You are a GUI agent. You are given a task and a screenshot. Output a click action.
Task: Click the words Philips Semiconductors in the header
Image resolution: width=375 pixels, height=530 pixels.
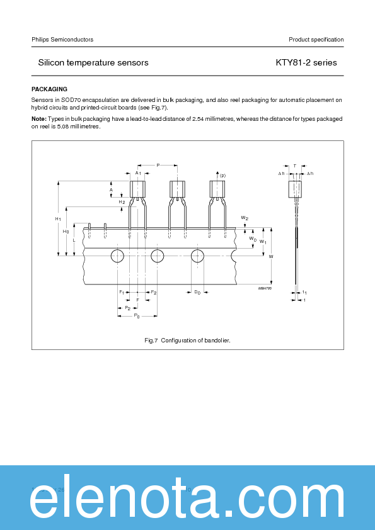[62, 40]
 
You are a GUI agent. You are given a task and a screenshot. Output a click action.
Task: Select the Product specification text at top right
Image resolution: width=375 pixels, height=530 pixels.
[316, 40]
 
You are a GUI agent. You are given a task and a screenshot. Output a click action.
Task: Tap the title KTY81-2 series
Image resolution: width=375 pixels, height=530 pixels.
[306, 62]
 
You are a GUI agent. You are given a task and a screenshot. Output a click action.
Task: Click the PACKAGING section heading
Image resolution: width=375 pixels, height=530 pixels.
[49, 89]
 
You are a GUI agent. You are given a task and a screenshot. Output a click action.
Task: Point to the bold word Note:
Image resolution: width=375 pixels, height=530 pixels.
[38, 118]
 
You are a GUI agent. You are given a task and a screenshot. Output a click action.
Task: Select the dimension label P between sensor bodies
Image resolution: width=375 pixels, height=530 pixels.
[158, 165]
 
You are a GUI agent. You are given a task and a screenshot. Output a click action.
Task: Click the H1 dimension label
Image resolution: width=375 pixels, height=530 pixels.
[57, 218]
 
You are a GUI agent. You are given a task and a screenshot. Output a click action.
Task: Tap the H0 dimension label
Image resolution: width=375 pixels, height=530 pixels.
[66, 232]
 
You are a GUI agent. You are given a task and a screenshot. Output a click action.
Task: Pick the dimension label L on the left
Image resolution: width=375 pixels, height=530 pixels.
[74, 240]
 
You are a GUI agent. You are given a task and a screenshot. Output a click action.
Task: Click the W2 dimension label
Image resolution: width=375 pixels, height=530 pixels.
[245, 218]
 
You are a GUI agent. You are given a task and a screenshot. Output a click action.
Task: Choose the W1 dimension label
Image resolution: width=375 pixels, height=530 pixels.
[263, 242]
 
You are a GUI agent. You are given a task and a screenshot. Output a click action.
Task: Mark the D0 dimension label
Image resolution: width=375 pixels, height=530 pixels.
[197, 292]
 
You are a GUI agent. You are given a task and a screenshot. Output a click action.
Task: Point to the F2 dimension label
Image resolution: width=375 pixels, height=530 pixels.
[153, 292]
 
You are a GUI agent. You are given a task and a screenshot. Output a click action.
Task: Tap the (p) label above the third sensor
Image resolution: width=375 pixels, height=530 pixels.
[222, 175]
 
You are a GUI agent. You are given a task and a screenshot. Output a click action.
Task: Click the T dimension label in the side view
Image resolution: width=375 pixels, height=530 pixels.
[295, 166]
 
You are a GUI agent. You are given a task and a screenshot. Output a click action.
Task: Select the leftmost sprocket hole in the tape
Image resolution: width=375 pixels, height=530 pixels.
[118, 256]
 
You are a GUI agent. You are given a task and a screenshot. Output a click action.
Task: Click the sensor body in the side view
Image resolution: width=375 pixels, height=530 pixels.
[295, 189]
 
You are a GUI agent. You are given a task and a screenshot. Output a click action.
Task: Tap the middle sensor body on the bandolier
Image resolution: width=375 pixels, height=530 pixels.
[177, 189]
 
